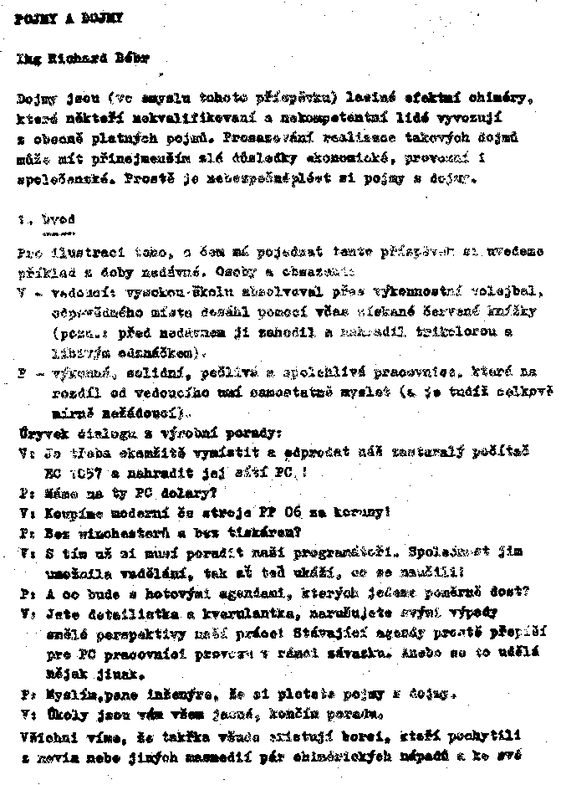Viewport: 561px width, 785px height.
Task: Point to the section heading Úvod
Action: click(58, 219)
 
